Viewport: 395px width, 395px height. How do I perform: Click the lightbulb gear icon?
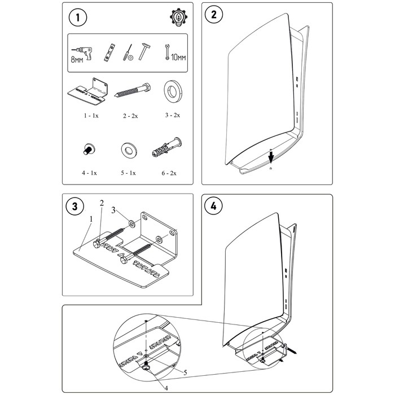click(x=177, y=17)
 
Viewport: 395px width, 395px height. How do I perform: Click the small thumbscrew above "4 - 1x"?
click(x=87, y=150)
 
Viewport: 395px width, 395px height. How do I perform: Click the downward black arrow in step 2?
click(x=270, y=155)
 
